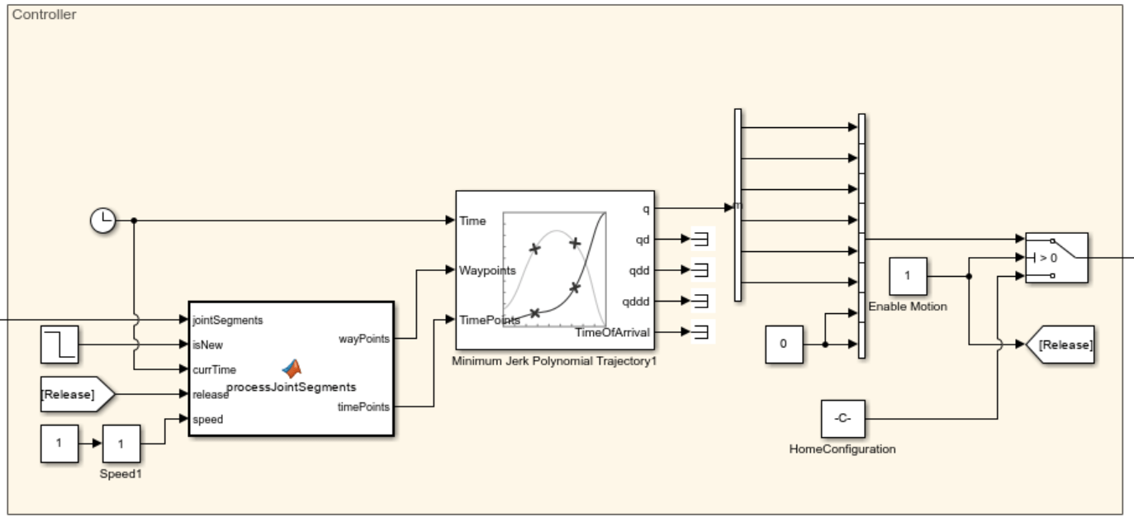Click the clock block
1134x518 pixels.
coord(102,221)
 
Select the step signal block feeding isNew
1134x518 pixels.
coord(60,345)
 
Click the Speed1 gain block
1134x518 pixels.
coord(121,444)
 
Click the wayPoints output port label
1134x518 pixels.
coord(364,338)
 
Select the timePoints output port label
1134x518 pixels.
coord(364,406)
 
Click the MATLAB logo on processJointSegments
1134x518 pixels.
coord(292,369)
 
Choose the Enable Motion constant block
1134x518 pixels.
coord(908,276)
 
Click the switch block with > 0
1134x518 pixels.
coord(1056,258)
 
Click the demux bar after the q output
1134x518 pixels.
coord(738,205)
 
